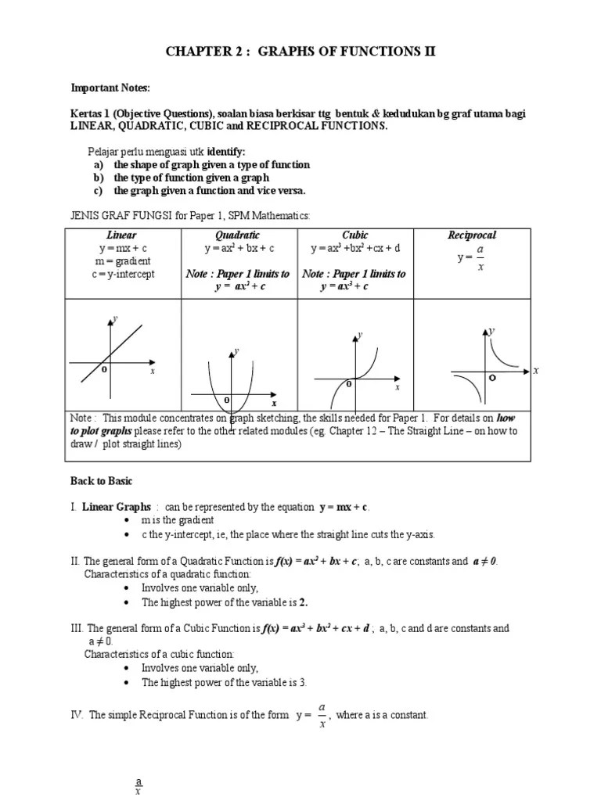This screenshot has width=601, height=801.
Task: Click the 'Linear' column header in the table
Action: click(x=121, y=235)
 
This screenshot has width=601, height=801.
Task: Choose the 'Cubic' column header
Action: click(x=354, y=235)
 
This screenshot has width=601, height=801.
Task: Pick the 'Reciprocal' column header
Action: click(x=472, y=235)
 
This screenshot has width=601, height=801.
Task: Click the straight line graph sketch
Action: click(x=112, y=357)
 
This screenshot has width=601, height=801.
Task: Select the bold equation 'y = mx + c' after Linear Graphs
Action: click(x=344, y=507)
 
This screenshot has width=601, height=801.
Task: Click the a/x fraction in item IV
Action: click(x=322, y=715)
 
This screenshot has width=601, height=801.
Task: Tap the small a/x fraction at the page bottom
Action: click(x=139, y=786)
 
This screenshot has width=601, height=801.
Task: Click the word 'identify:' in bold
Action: click(x=226, y=151)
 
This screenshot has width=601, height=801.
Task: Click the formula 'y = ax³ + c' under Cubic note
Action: click(x=344, y=286)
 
